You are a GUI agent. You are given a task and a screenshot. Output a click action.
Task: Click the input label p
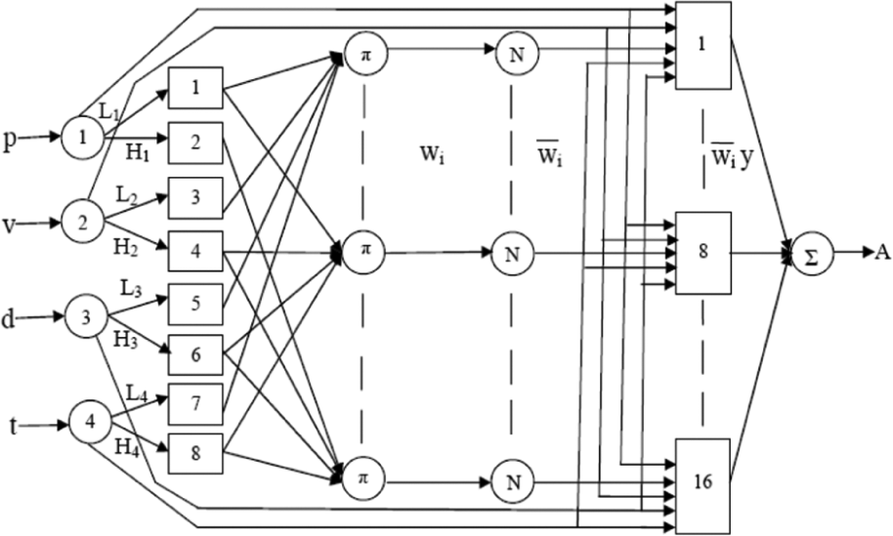tap(10, 139)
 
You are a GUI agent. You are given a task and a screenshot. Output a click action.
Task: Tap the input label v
tap(9, 225)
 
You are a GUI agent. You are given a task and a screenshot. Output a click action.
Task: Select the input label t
tap(14, 425)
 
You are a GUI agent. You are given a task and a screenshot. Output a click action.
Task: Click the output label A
tap(883, 252)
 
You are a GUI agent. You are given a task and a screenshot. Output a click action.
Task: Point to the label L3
tap(131, 290)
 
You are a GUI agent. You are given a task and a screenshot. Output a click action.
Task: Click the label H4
tap(127, 447)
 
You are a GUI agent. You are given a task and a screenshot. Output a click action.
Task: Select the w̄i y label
tap(733, 157)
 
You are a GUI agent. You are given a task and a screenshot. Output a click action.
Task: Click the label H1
tap(138, 153)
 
